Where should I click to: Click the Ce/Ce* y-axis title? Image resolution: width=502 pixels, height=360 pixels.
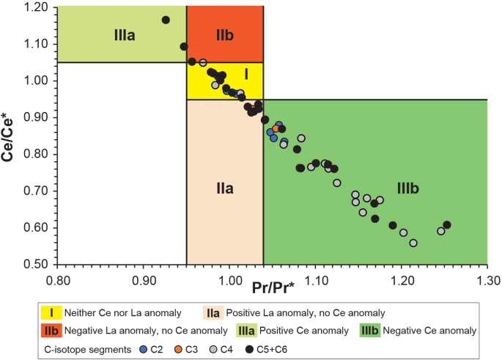point(14,136)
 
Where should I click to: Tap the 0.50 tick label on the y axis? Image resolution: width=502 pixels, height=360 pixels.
point(37,264)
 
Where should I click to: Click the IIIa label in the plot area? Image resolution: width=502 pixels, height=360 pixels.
point(125,34)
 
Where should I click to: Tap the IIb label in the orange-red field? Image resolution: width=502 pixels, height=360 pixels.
point(224,34)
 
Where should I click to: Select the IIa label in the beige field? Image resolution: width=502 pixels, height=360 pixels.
point(224,188)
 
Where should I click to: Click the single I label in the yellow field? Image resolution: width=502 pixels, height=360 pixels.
point(246,73)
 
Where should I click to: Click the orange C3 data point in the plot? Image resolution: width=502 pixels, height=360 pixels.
point(276,128)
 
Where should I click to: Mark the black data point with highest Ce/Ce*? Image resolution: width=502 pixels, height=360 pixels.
point(166,20)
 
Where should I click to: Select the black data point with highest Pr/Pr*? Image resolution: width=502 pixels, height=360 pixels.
point(447,224)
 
